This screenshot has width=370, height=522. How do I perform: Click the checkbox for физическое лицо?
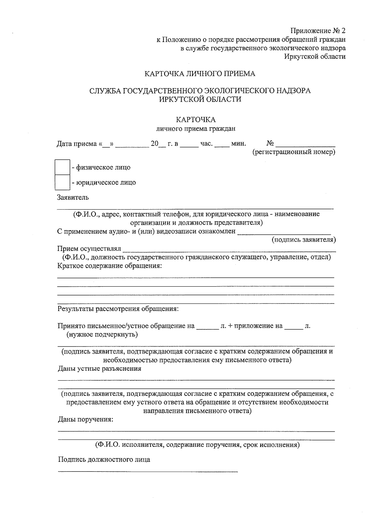pyautogui.click(x=62, y=167)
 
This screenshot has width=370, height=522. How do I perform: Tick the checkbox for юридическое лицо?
pyautogui.click(x=62, y=182)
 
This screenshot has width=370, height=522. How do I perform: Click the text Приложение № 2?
pyautogui.click(x=318, y=31)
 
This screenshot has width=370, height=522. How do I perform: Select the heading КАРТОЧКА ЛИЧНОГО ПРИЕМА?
pyautogui.click(x=200, y=74)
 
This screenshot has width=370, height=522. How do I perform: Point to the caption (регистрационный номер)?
pyautogui.click(x=294, y=152)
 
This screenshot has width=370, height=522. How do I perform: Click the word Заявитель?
pyautogui.click(x=73, y=197)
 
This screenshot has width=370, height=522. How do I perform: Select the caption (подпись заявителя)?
pyautogui.click(x=303, y=239)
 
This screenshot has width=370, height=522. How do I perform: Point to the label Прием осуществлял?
pyautogui.click(x=89, y=248)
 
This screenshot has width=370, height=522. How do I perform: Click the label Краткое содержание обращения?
pyautogui.click(x=110, y=266)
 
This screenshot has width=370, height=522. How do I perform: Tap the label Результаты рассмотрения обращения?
pyautogui.click(x=118, y=309)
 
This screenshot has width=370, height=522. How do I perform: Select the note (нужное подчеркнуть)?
pyautogui.click(x=102, y=334)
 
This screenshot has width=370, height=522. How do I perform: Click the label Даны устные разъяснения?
pyautogui.click(x=100, y=369)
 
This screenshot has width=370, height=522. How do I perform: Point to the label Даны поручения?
pyautogui.click(x=86, y=419)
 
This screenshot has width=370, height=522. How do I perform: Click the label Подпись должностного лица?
pyautogui.click(x=104, y=459)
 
